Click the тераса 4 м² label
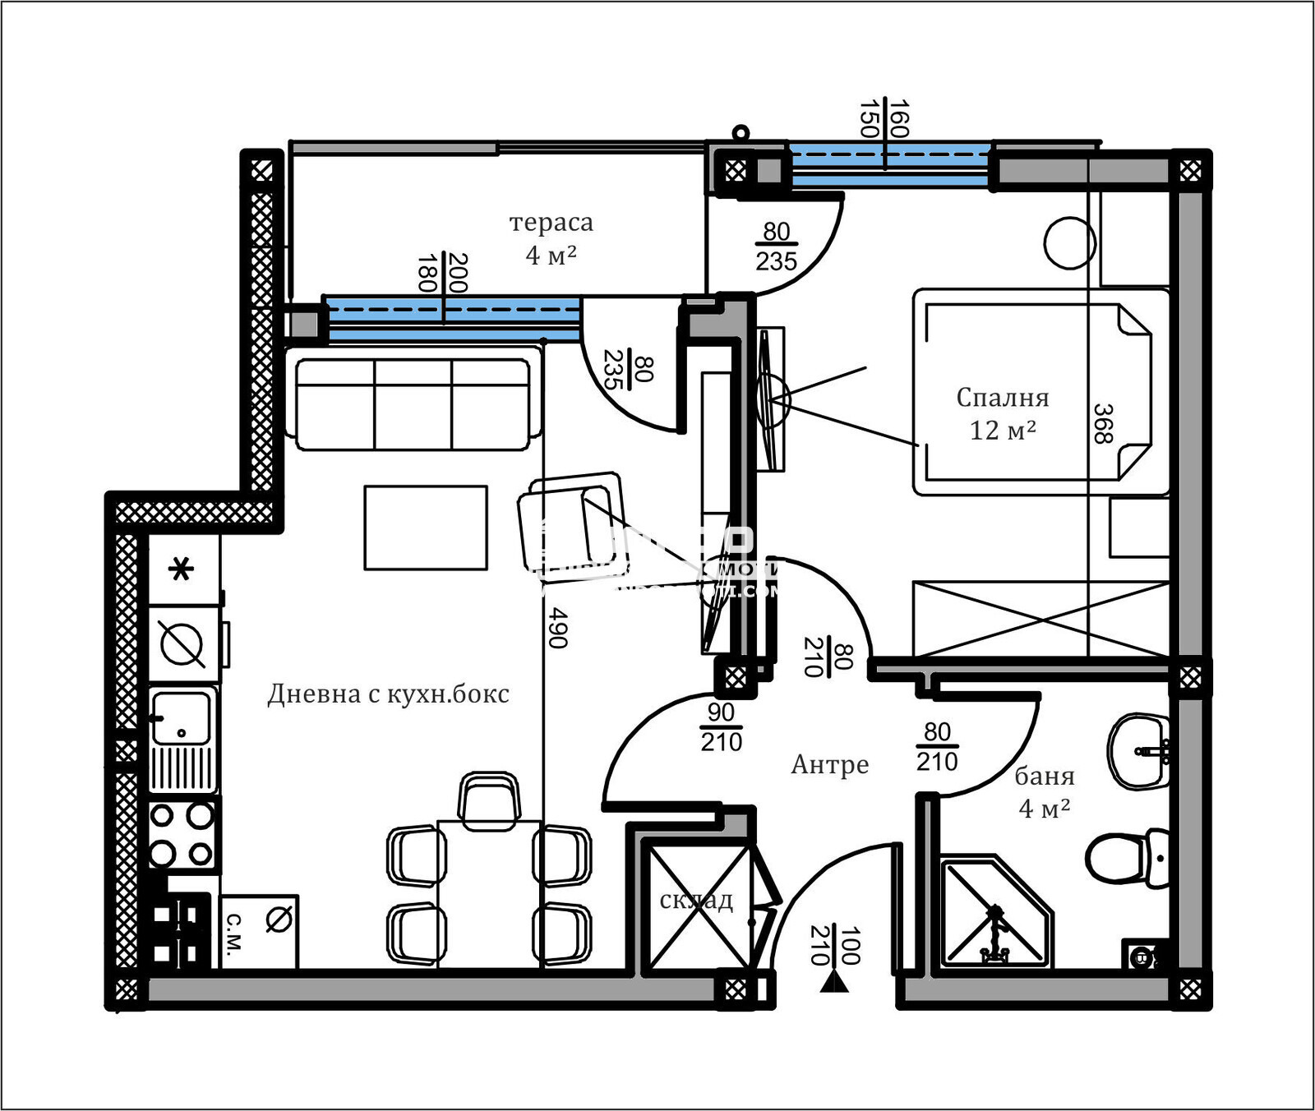tap(551, 238)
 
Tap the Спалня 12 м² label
tap(1003, 413)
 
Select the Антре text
tap(829, 764)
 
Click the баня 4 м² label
tap(1044, 791)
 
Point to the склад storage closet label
tap(696, 901)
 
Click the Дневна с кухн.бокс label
tap(388, 694)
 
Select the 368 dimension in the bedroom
tap(1103, 424)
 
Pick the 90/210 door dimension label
tap(721, 727)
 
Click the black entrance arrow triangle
tap(834, 982)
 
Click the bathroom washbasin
tap(1138, 750)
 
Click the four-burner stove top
tap(182, 835)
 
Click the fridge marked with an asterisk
tap(182, 569)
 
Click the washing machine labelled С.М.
tap(259, 931)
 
